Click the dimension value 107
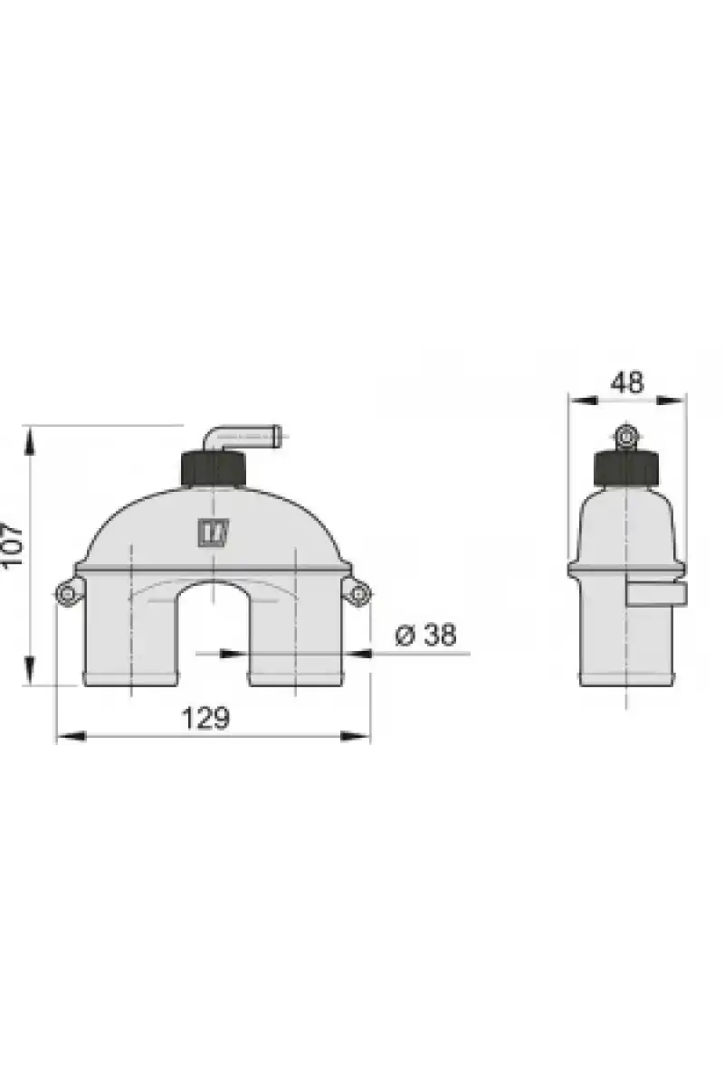(12, 544)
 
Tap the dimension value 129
(205, 718)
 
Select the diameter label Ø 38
(425, 635)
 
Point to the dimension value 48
(627, 382)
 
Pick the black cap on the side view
(626, 467)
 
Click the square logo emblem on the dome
(214, 533)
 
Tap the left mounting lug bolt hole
(67, 593)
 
